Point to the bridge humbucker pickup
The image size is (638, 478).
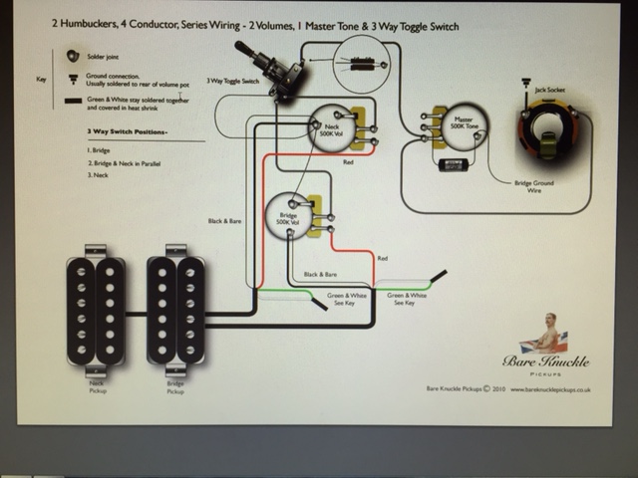tap(175, 310)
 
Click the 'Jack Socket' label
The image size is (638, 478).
tap(549, 90)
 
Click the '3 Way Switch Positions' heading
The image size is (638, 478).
tap(127, 131)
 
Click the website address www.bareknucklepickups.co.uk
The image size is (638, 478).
tap(551, 389)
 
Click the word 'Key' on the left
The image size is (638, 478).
tap(41, 77)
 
